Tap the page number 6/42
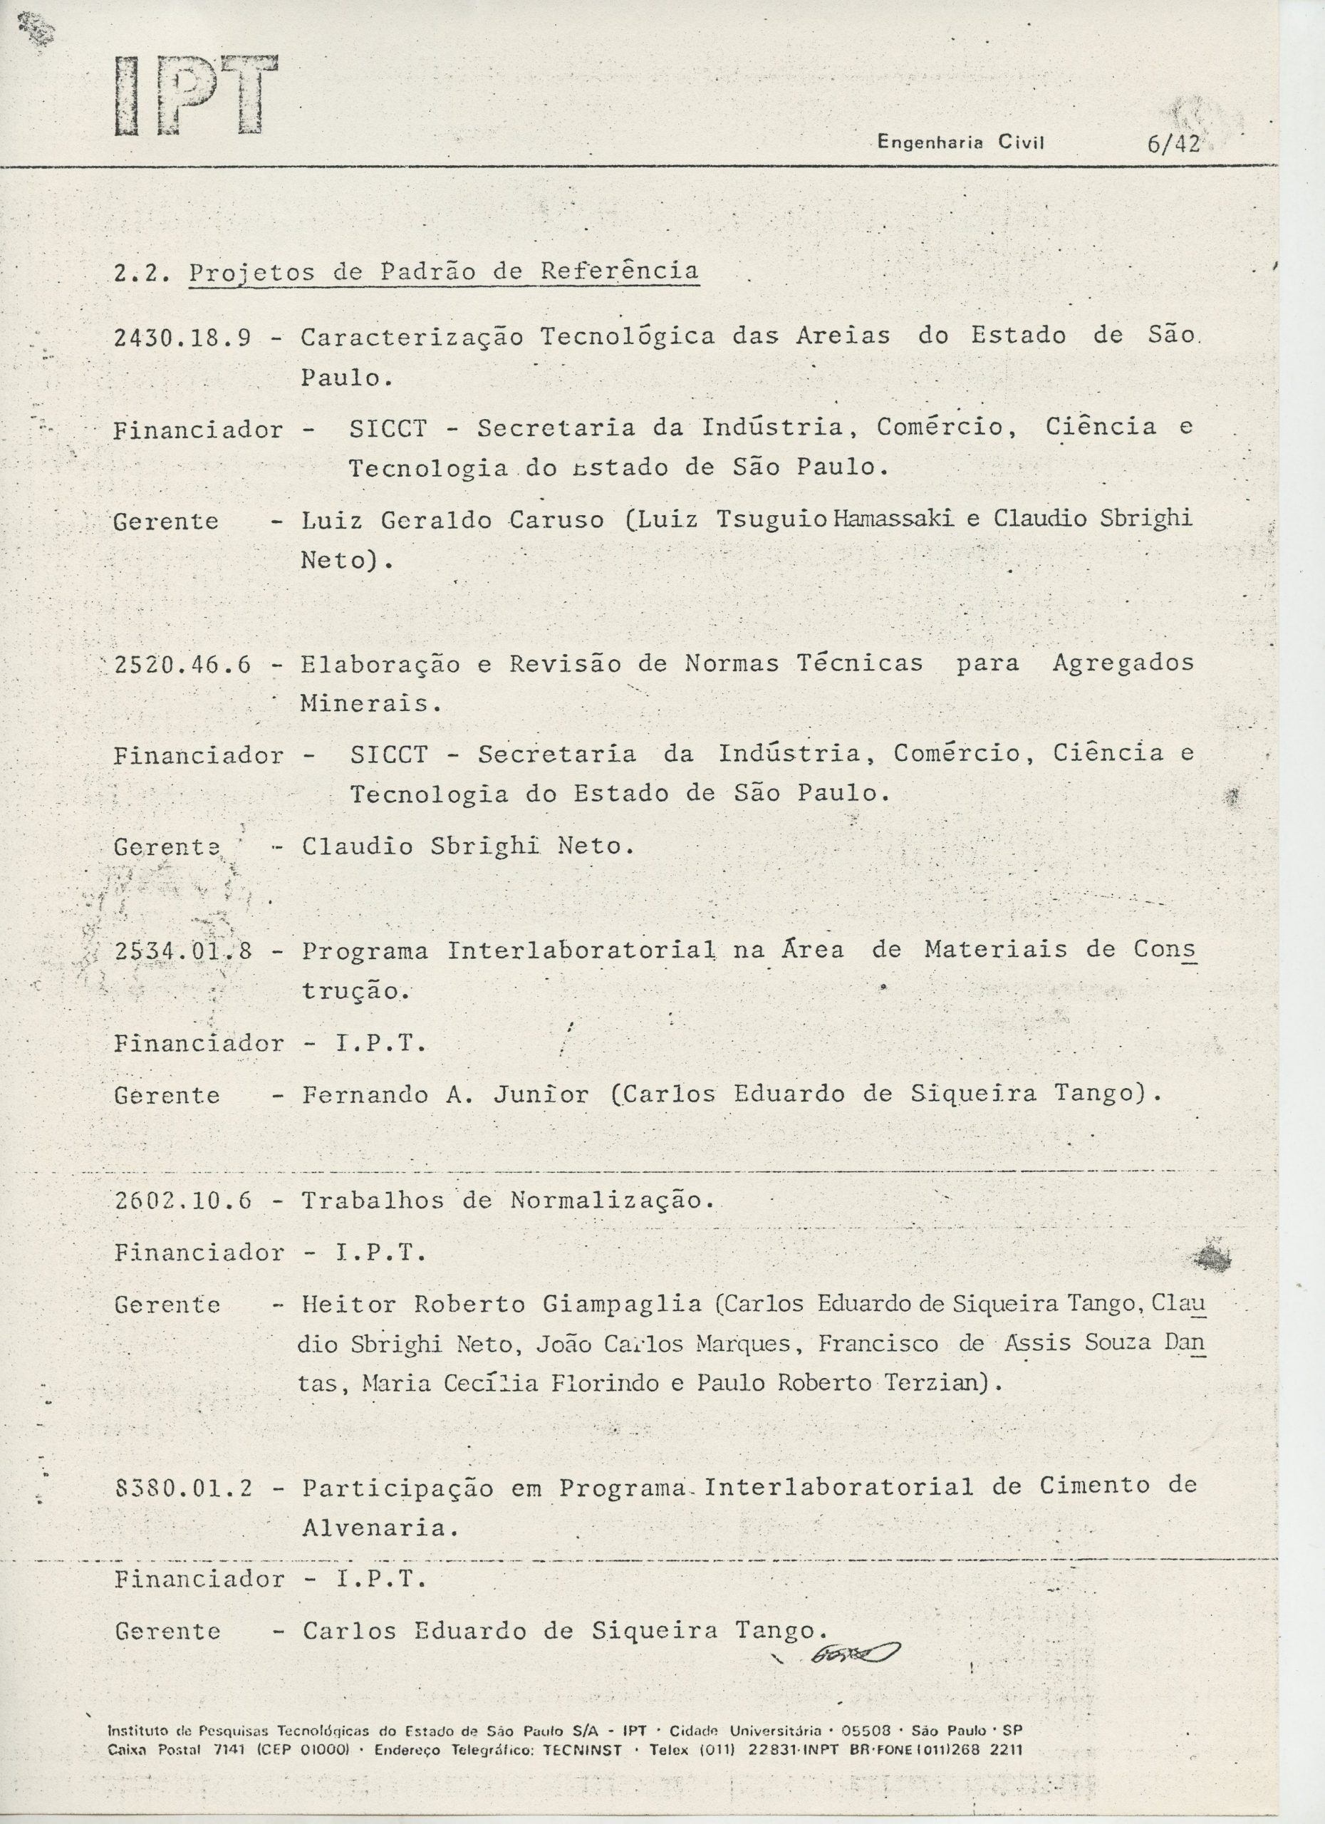tap(1174, 144)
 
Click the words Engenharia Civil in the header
tap(960, 143)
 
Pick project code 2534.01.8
tap(183, 951)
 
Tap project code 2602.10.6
tap(183, 1201)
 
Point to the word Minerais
tap(370, 705)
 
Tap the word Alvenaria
tap(380, 1528)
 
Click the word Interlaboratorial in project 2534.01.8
tap(581, 951)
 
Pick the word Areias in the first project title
tap(843, 336)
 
